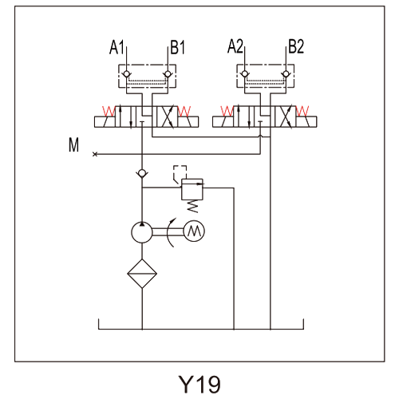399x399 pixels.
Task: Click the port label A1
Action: (x=117, y=47)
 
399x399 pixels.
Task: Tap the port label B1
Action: (x=177, y=47)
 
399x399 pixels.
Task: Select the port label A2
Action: (x=235, y=46)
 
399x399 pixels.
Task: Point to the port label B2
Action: (x=296, y=46)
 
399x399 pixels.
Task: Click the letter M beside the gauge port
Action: (x=73, y=144)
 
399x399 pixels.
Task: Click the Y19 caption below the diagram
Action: (x=199, y=384)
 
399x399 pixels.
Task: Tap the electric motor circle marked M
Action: (x=194, y=231)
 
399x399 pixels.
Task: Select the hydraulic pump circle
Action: (x=142, y=232)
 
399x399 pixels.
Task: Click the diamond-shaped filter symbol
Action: (x=142, y=274)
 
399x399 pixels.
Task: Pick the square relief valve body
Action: (x=192, y=189)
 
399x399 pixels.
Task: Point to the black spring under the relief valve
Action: (x=193, y=207)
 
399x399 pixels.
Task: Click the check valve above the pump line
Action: (x=142, y=174)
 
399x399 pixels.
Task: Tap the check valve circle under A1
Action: (x=127, y=73)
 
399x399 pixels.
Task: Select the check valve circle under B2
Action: (x=286, y=73)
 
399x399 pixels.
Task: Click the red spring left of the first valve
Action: (x=109, y=112)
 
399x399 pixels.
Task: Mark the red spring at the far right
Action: (x=302, y=112)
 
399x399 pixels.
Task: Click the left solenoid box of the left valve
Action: (x=105, y=122)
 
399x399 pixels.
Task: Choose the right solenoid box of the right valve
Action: (x=306, y=122)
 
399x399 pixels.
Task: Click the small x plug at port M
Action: (x=95, y=154)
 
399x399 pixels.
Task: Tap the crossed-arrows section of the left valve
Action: (x=167, y=117)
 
